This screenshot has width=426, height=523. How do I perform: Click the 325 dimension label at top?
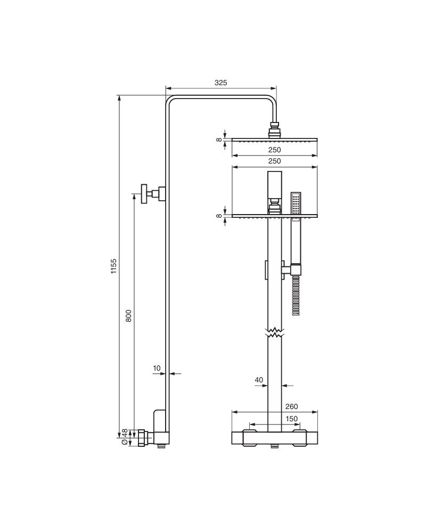click(220, 83)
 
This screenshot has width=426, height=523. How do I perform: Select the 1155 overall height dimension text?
click(114, 266)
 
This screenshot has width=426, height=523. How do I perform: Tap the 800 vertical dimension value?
click(128, 316)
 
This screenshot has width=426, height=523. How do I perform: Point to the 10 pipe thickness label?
click(157, 368)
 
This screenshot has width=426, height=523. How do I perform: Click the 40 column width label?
click(259, 380)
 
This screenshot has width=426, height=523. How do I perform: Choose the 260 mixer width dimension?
click(292, 406)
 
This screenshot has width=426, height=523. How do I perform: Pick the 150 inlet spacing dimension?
click(292, 419)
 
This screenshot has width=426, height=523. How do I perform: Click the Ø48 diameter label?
click(124, 437)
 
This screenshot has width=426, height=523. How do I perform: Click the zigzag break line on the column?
click(275, 332)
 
